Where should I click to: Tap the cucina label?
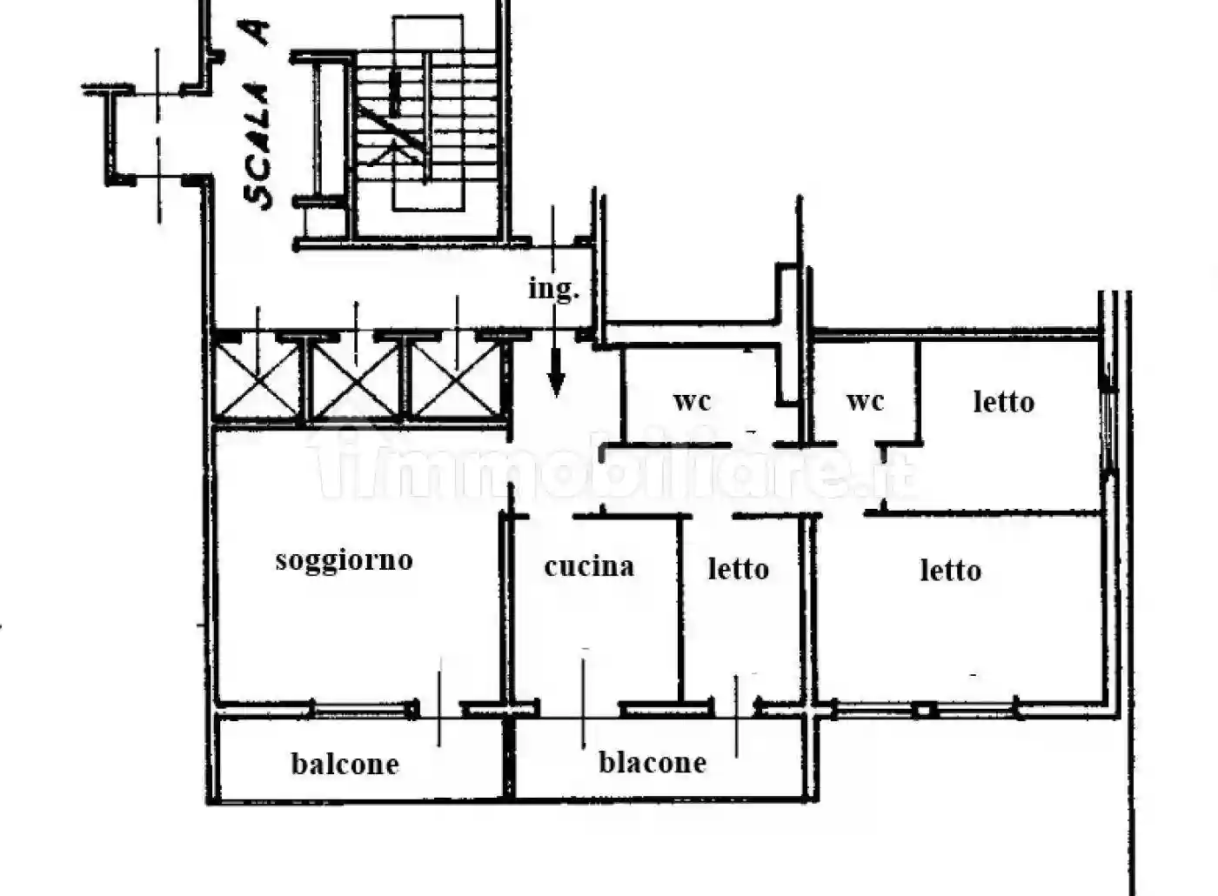pyautogui.click(x=589, y=567)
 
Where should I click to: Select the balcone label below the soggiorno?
pyautogui.click(x=345, y=764)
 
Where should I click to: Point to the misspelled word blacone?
pyautogui.click(x=652, y=763)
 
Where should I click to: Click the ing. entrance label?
pyautogui.click(x=553, y=288)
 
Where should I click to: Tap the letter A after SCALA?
pyautogui.click(x=258, y=33)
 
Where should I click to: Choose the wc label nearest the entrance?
pyautogui.click(x=692, y=401)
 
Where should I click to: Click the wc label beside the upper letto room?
pyautogui.click(x=865, y=401)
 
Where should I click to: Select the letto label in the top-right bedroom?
pyautogui.click(x=1003, y=402)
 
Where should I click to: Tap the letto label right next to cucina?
pyautogui.click(x=738, y=569)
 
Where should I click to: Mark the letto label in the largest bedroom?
pyautogui.click(x=950, y=571)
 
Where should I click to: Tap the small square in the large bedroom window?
pyautogui.click(x=924, y=711)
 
